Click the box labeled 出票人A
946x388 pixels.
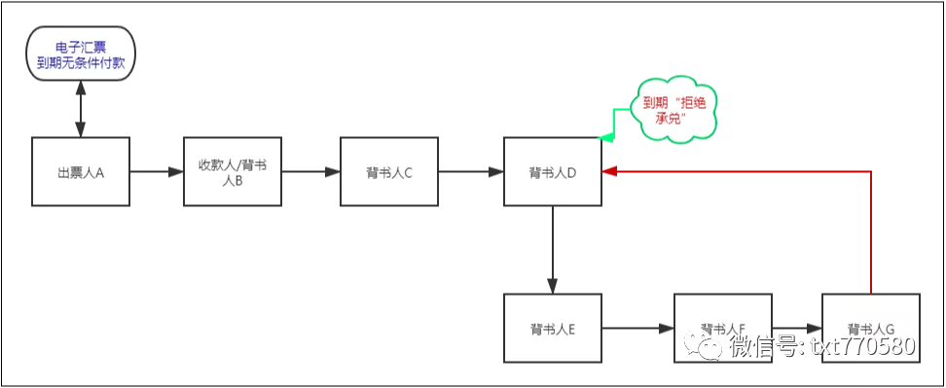click(x=81, y=171)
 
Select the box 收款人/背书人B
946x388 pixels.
click(x=233, y=171)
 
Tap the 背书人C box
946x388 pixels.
click(x=389, y=171)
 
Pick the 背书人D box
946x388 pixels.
click(x=552, y=171)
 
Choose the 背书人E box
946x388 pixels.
click(x=552, y=328)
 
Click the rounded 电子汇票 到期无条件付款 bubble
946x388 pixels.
click(x=80, y=54)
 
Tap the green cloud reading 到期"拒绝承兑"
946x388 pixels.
click(x=673, y=110)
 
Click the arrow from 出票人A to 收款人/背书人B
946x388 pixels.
click(x=157, y=172)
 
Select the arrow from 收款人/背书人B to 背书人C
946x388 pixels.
click(x=311, y=172)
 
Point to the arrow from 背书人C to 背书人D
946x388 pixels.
click(x=471, y=172)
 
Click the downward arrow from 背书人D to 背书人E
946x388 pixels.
click(x=552, y=249)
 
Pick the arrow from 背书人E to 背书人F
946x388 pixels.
click(x=637, y=329)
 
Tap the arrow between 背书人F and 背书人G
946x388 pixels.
click(x=798, y=329)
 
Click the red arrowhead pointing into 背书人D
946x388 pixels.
click(x=609, y=171)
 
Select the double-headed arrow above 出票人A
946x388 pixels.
click(x=81, y=109)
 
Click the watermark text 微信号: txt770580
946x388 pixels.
click(x=822, y=346)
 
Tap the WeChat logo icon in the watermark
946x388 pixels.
click(x=707, y=345)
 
